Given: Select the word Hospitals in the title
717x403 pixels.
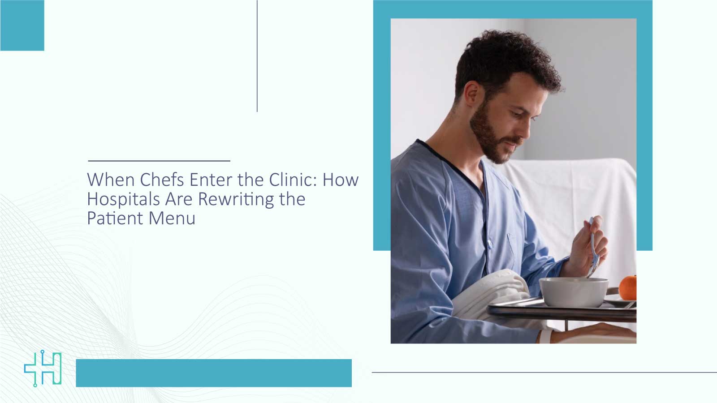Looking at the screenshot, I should point(123,199).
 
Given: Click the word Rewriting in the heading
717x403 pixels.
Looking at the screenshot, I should point(236,199).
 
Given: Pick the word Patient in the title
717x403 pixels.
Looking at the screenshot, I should point(115,219).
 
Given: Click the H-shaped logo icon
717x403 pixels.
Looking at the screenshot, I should point(43,369).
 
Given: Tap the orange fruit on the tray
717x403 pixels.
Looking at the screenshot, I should point(628,287).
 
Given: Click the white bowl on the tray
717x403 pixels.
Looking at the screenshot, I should point(573,292).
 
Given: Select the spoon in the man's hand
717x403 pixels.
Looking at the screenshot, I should point(592,246).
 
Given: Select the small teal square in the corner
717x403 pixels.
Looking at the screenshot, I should point(22,25).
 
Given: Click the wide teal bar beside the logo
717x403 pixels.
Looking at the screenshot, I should point(214,373).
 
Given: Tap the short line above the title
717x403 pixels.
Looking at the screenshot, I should point(159,160).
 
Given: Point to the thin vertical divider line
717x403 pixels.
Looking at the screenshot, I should point(257,56).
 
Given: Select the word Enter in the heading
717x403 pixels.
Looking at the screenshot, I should point(211,180).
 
